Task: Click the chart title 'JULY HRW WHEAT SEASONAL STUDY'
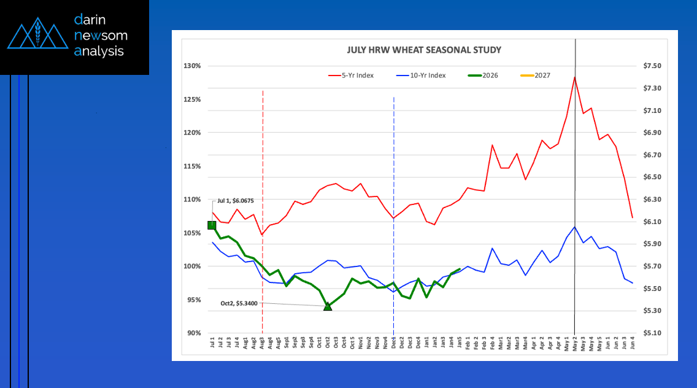[x=415, y=50]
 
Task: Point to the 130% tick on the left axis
[x=193, y=66]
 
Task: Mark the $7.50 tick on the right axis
[x=652, y=66]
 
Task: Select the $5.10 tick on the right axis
[x=652, y=333]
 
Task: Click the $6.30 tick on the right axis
[x=652, y=200]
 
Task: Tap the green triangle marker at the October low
[x=328, y=306]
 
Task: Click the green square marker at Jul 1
[x=212, y=225]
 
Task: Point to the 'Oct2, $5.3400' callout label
[x=240, y=303]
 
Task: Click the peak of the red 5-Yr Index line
[x=575, y=77]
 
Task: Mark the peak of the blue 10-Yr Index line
[x=575, y=227]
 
